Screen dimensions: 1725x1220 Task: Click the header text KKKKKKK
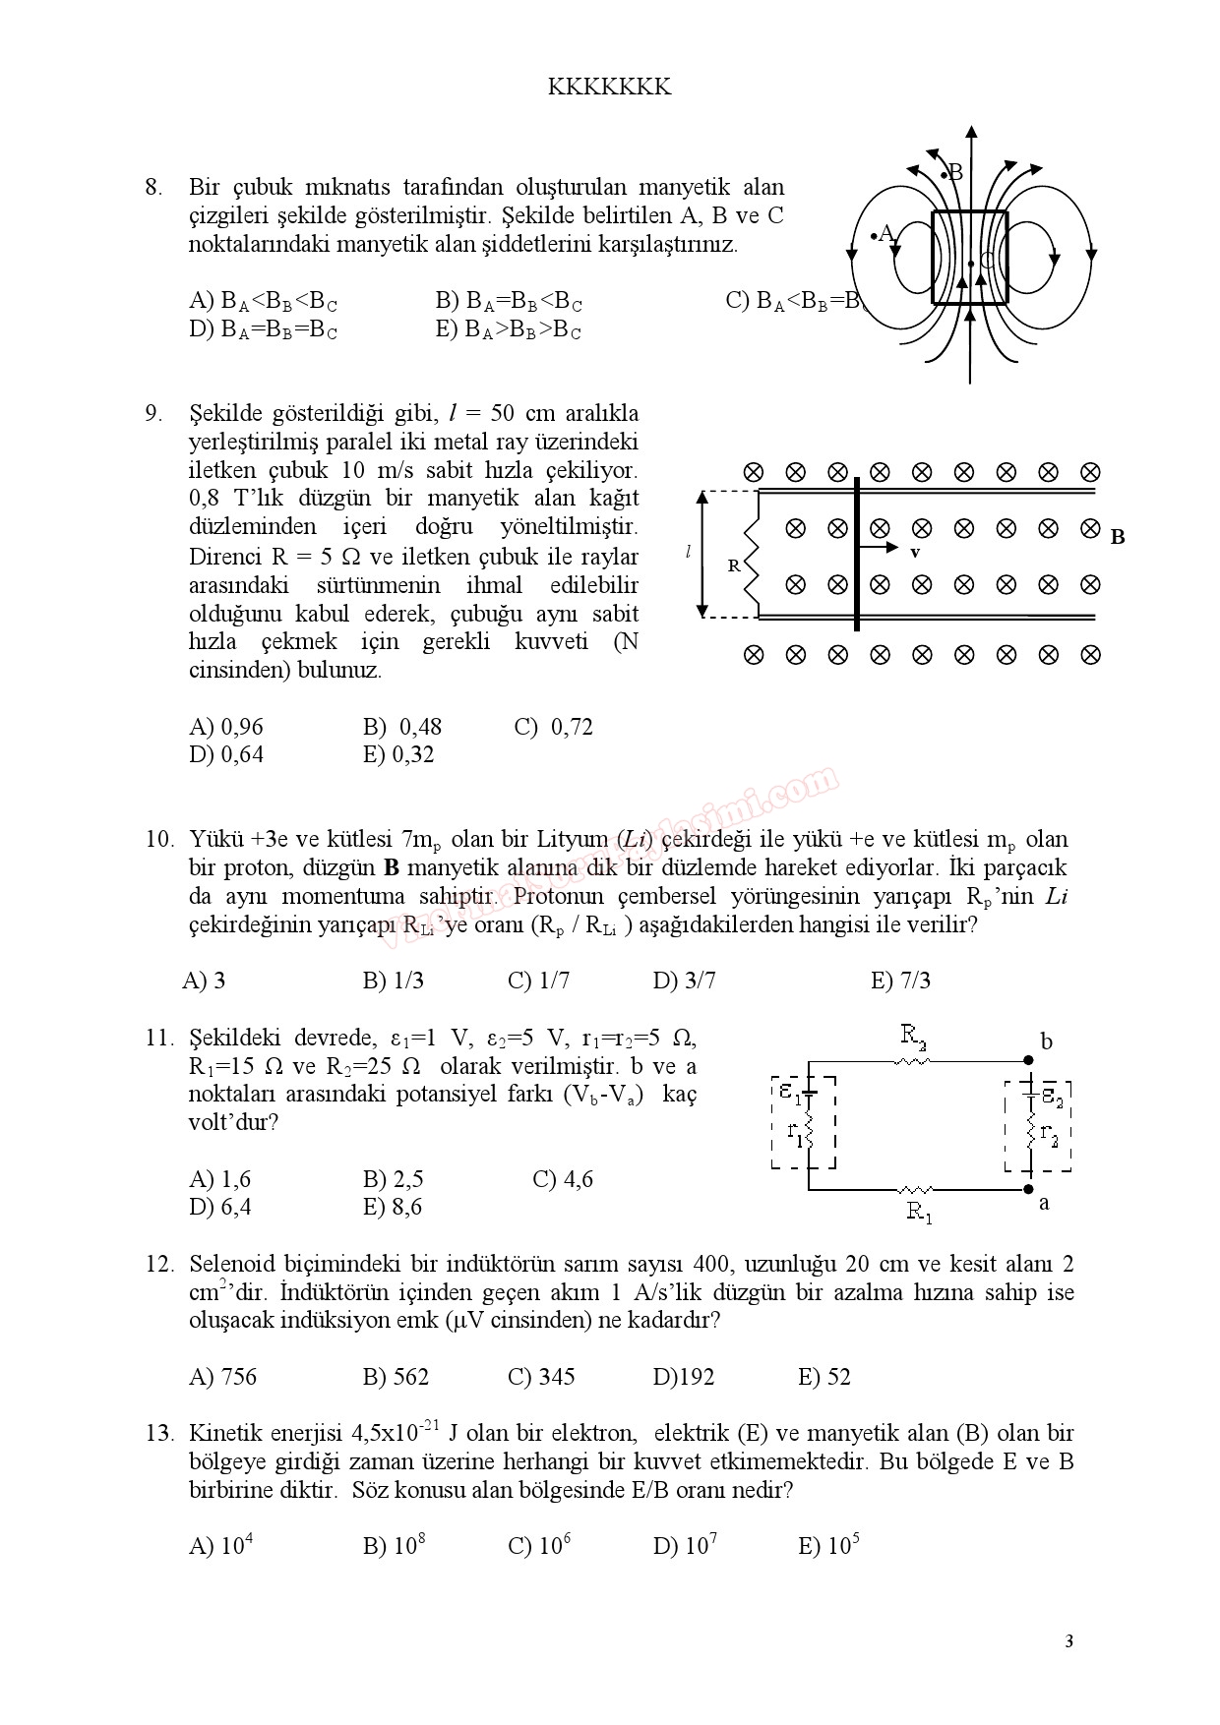(x=609, y=88)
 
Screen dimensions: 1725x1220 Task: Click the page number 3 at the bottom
(x=1068, y=1640)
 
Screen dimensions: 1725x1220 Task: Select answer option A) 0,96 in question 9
(x=226, y=728)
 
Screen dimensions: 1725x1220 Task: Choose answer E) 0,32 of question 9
(x=398, y=755)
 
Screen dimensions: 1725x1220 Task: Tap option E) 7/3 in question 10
(x=900, y=981)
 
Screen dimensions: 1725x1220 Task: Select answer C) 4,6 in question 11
(x=563, y=1179)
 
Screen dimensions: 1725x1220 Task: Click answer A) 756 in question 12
(x=222, y=1377)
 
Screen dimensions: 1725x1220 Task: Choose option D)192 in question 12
(x=684, y=1377)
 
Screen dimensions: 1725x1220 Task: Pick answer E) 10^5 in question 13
(x=828, y=1545)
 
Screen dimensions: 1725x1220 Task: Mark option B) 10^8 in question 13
(x=394, y=1545)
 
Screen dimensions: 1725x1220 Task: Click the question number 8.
(x=153, y=187)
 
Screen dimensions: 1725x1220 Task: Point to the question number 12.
(x=159, y=1264)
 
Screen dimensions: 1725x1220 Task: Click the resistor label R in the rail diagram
(x=733, y=565)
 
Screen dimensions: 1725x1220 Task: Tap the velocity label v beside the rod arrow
(x=915, y=554)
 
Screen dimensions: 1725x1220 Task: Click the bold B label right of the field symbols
(x=1117, y=537)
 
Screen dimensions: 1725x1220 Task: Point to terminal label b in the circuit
(x=1046, y=1042)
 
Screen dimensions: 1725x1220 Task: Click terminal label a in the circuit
(x=1044, y=1203)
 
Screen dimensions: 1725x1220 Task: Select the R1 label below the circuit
(x=919, y=1213)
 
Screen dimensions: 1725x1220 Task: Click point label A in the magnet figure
(x=885, y=233)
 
